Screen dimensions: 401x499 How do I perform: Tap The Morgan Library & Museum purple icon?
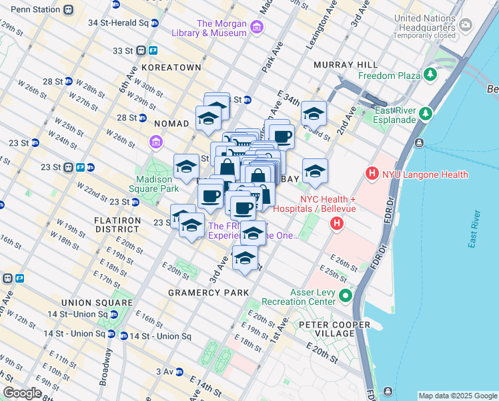(258, 28)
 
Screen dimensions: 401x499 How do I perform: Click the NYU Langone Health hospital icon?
(372, 175)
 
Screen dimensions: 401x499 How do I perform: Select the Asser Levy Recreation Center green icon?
(345, 295)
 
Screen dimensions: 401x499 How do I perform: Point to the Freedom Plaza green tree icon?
(431, 75)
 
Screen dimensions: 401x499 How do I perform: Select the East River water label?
(474, 229)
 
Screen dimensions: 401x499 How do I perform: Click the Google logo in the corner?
(23, 393)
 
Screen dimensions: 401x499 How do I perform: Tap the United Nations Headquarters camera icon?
(466, 25)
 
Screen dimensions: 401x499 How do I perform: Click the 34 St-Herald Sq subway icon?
(155, 22)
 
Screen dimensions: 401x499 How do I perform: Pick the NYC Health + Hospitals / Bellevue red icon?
(337, 224)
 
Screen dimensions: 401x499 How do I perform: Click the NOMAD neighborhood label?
(171, 124)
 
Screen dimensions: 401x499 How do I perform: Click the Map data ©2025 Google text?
(457, 395)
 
